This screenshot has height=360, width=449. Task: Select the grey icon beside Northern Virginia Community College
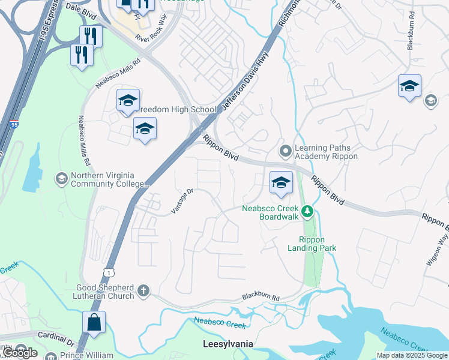[x=61, y=179]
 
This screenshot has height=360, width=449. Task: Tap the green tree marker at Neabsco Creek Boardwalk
[x=307, y=211]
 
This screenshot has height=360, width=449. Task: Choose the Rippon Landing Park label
[x=312, y=243]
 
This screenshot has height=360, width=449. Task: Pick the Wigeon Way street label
[x=442, y=242]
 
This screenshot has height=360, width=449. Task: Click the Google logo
[x=20, y=353]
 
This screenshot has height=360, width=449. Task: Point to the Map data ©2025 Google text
[x=411, y=355]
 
